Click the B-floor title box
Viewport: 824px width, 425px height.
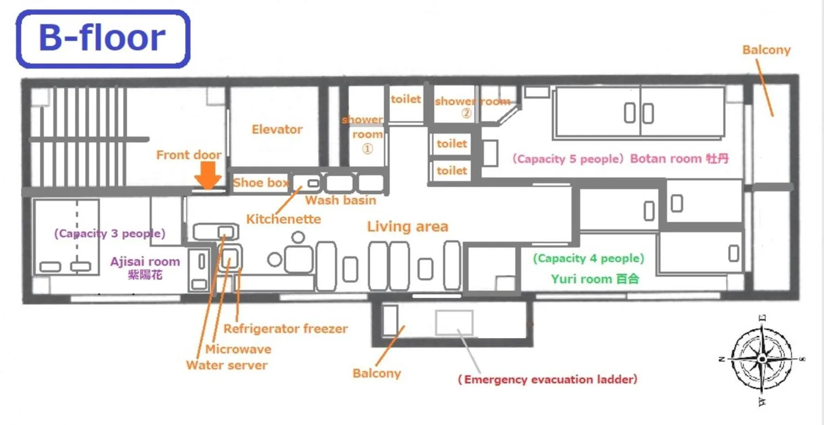tap(103, 39)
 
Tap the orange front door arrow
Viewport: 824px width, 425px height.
tap(208, 175)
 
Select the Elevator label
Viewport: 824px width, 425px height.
tap(277, 129)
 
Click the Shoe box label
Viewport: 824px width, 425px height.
tap(261, 182)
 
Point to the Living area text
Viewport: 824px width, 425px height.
tap(407, 226)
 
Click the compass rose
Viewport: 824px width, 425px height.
tap(762, 358)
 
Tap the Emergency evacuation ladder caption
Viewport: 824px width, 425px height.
tap(547, 379)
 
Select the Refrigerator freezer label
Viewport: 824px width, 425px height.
tap(285, 328)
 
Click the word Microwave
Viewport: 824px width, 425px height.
tap(238, 349)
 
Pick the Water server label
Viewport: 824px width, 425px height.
tap(227, 365)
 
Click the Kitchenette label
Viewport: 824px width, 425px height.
tap(283, 219)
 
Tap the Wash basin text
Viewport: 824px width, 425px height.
tap(340, 200)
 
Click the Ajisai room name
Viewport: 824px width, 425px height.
tap(145, 262)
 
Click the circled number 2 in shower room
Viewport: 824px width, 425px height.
tap(466, 113)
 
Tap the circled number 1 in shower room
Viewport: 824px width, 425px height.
tap(367, 149)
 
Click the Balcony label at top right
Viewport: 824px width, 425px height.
tap(766, 50)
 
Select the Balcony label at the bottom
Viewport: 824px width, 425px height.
tap(377, 373)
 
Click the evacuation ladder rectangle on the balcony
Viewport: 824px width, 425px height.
tap(454, 322)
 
